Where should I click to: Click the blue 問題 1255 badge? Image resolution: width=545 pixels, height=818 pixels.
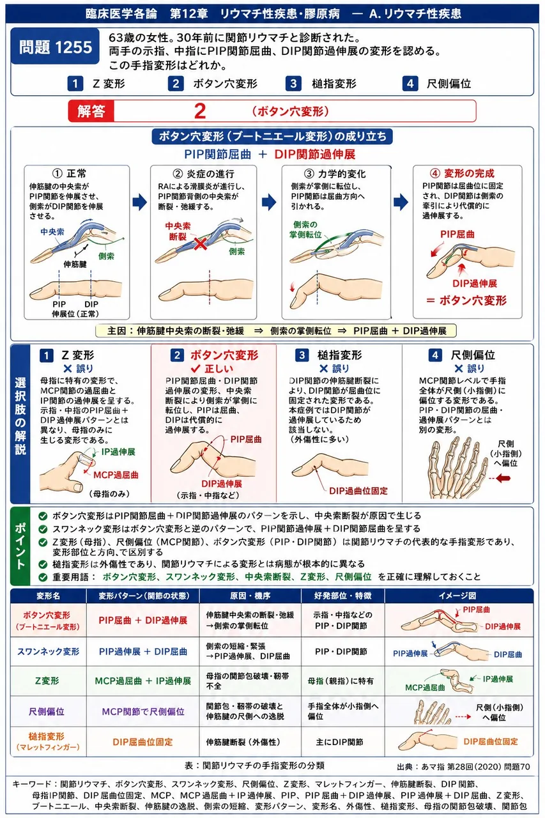pyautogui.click(x=56, y=47)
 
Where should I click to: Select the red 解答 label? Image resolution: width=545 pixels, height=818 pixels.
pyautogui.click(x=91, y=111)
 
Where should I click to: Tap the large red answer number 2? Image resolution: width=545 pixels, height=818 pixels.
pyautogui.click(x=200, y=111)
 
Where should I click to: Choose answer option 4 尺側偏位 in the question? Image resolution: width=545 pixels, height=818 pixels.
pyautogui.click(x=436, y=84)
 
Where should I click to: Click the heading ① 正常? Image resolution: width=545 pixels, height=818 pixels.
pyautogui.click(x=70, y=173)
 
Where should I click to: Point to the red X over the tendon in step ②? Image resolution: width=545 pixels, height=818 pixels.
pyautogui.click(x=200, y=243)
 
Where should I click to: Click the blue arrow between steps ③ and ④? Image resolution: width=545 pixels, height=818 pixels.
pyautogui.click(x=401, y=202)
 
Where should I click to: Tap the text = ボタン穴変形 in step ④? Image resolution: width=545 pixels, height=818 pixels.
pyautogui.click(x=466, y=300)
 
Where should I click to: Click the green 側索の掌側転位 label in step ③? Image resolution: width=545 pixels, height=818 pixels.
pyautogui.click(x=305, y=229)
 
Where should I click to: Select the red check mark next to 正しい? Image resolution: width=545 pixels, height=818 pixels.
pyautogui.click(x=196, y=368)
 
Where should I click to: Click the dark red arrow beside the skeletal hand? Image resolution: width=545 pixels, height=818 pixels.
pyautogui.click(x=503, y=478)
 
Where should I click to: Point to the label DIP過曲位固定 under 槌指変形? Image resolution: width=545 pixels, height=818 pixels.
pyautogui.click(x=358, y=491)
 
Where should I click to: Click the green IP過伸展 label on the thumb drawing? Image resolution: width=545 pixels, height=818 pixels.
pyautogui.click(x=118, y=452)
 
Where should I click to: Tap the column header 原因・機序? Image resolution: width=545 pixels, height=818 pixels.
pyautogui.click(x=250, y=596)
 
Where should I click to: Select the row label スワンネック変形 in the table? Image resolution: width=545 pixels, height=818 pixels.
pyautogui.click(x=48, y=651)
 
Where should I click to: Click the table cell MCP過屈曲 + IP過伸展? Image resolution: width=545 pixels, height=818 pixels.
pyautogui.click(x=142, y=681)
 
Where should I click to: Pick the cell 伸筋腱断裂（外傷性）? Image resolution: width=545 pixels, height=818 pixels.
pyautogui.click(x=243, y=742)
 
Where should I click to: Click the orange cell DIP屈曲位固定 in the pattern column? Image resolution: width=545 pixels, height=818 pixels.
pyautogui.click(x=142, y=742)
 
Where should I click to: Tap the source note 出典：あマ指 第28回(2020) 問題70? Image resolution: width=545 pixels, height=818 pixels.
pyautogui.click(x=463, y=766)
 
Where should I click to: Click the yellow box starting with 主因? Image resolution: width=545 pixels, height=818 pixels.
pyautogui.click(x=276, y=331)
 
